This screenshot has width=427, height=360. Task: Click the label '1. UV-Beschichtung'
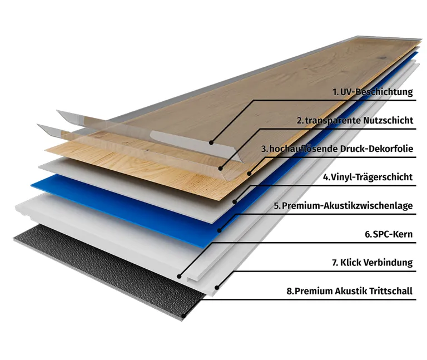373,92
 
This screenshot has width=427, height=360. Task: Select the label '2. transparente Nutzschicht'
355,120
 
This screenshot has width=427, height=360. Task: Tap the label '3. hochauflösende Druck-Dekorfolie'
337,149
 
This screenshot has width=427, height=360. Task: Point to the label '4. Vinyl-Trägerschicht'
368,177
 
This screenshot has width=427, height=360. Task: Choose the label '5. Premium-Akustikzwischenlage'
344,206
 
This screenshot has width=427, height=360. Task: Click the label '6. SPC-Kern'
389,234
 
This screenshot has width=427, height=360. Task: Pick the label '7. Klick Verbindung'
373,263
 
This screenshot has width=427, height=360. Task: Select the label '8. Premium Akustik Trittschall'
350,291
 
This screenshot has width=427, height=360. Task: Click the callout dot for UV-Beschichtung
211,142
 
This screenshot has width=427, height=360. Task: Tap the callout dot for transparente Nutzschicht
220,169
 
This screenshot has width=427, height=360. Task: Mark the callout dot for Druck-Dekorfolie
249,174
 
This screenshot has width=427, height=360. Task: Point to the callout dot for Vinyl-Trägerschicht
235,201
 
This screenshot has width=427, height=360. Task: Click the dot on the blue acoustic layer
220,230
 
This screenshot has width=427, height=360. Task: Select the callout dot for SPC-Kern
179,277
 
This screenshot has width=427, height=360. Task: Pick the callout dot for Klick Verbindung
217,287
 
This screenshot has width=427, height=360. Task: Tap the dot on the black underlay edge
184,317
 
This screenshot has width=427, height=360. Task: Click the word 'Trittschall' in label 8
391,291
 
